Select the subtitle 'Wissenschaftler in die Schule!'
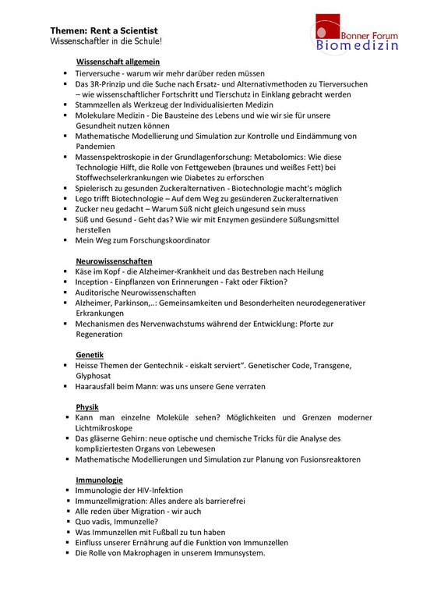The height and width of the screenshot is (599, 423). (x=106, y=40)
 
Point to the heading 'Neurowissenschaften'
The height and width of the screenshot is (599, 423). (x=114, y=260)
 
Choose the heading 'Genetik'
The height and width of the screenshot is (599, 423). (x=90, y=354)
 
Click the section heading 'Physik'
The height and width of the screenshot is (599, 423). (x=87, y=407)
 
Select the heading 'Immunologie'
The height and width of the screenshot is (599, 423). (x=99, y=479)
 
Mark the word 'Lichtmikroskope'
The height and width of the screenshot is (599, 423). (x=104, y=428)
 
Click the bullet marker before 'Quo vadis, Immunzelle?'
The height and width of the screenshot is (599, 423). (x=68, y=522)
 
